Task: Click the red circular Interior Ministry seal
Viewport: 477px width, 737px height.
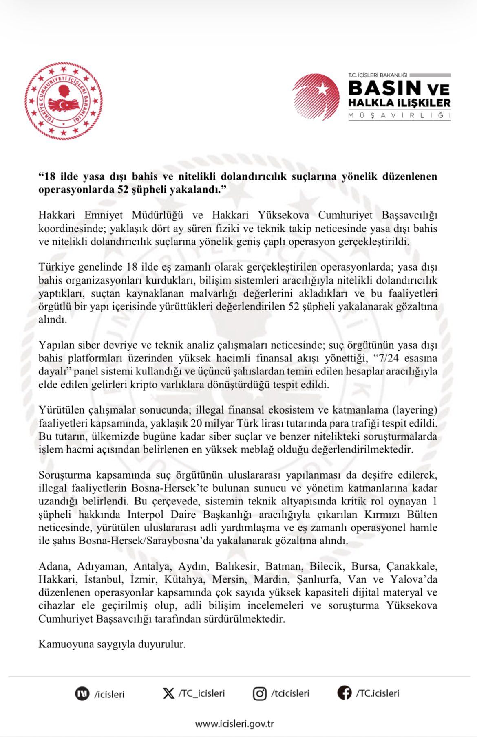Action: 63,101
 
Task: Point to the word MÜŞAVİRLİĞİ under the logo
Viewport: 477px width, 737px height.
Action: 399,116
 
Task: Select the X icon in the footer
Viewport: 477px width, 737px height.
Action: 168,693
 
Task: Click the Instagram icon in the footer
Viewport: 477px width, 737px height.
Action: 260,693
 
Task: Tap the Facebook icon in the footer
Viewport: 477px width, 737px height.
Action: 344,693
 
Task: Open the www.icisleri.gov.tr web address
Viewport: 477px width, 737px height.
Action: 234,724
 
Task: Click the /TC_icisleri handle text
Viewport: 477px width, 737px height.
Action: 201,693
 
